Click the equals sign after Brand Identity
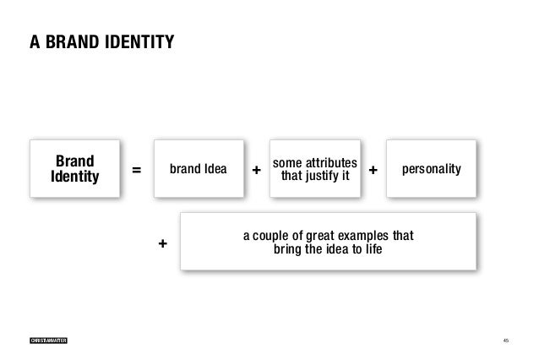coord(137,171)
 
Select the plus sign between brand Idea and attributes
coord(257,171)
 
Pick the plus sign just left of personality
coord(373,171)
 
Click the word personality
coord(432,169)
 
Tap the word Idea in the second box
coord(215,169)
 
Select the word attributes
coord(331,162)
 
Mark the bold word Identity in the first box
coord(74,177)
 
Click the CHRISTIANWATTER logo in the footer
coord(48,340)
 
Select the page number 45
coord(505,340)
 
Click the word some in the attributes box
coord(286,162)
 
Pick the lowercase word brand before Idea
coord(186,169)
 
